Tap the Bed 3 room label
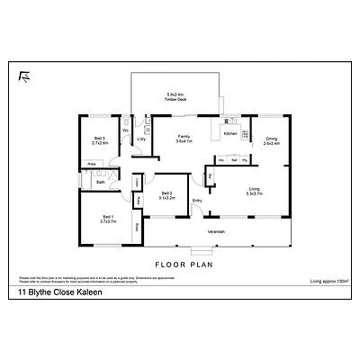coord(100,140)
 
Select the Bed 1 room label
coord(107,219)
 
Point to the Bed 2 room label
coord(166,195)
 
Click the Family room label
coord(184,139)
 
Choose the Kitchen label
coord(229,133)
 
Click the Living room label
coord(255,192)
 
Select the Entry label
coord(197,200)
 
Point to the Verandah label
coord(216,233)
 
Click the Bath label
coord(101,182)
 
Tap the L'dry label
coord(141,139)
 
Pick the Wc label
coord(125,131)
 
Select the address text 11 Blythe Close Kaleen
coord(55,292)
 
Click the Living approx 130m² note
coord(329,283)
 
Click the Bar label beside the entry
coord(210,177)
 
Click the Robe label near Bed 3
coord(91,164)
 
